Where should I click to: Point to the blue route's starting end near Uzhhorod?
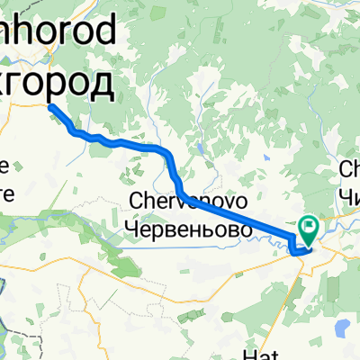tap(49, 107)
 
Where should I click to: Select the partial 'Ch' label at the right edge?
tap(349, 168)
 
